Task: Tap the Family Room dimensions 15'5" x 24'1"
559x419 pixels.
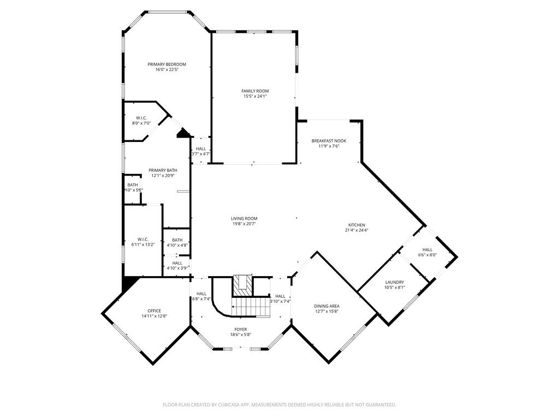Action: pos(255,97)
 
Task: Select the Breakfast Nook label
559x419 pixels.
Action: pos(329,141)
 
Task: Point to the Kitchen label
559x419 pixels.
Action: pos(356,225)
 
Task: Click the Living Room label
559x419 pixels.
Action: pos(243,218)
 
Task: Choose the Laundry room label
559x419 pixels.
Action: pos(394,282)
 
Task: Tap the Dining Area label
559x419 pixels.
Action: pos(326,306)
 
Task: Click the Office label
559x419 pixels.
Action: pos(154,311)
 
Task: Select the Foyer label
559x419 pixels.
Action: pos(241,330)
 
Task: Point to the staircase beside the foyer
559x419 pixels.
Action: pos(251,307)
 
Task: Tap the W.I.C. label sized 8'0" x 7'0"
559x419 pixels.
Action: pos(141,118)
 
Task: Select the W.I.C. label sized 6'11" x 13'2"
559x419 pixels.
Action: pos(143,239)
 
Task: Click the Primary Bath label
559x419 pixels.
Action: pos(163,170)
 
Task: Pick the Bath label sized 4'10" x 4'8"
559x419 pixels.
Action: pos(177,240)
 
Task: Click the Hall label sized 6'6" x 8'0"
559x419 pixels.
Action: pos(427,249)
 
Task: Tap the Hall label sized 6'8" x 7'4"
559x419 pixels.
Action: pos(201,294)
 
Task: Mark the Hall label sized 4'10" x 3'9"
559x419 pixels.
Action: pos(177,263)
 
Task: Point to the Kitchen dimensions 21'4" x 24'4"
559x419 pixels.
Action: pos(356,230)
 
